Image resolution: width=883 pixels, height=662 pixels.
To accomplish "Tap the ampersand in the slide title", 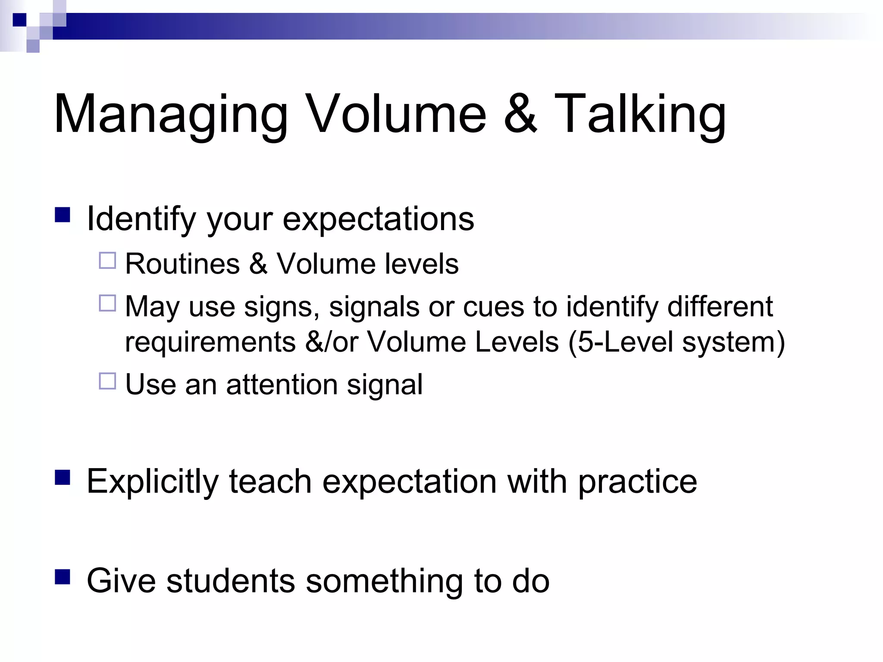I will point(520,114).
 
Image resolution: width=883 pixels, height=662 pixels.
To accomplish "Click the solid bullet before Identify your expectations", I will point(63,215).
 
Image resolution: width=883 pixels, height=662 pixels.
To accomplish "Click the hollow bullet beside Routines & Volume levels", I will point(107,261).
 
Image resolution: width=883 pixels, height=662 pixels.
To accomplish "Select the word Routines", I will point(182,264).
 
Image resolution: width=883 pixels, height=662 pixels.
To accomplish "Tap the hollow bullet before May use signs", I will point(107,303).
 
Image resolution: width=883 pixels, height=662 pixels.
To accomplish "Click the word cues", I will point(493,307).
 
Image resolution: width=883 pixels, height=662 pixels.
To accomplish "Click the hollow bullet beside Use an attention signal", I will point(107,381).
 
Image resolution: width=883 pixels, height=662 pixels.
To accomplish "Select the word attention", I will point(282,384).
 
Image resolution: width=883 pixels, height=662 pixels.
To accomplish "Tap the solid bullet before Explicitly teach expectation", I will point(63,478).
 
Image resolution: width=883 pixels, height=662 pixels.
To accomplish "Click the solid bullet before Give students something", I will point(63,577).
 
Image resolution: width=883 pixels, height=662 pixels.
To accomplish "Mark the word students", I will point(231,581).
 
